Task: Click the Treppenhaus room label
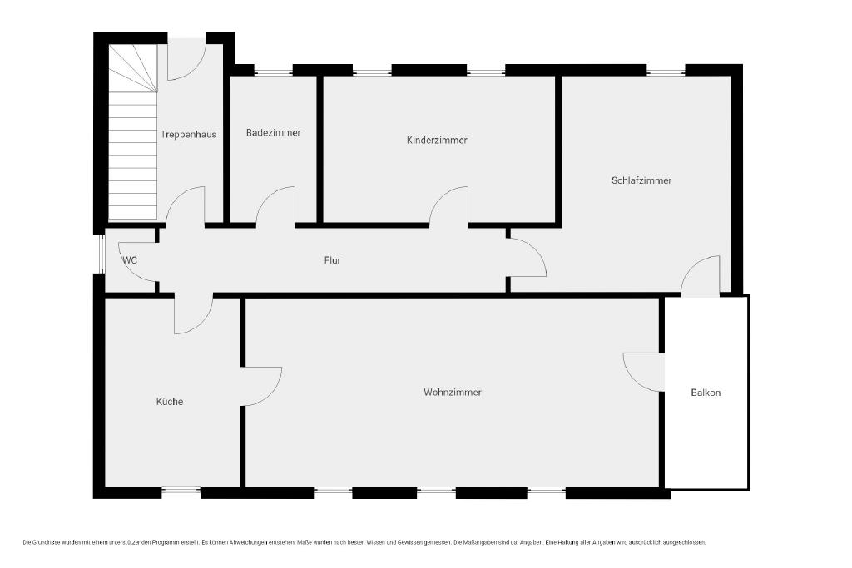(189, 135)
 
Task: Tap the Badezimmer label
(273, 132)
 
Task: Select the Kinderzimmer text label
(437, 140)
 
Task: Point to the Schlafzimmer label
(641, 180)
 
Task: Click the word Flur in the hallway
(333, 260)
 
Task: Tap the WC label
(130, 260)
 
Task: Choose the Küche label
(170, 402)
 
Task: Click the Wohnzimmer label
(453, 392)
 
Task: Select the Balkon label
(706, 393)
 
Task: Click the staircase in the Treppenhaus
(132, 132)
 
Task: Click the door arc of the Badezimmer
(275, 205)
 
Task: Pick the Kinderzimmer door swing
(448, 205)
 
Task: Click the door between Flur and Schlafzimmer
(527, 258)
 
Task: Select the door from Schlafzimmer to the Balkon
(701, 276)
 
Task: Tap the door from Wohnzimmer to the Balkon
(644, 372)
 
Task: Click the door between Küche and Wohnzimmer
(261, 386)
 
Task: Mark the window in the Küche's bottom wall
(181, 492)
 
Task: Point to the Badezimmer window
(273, 71)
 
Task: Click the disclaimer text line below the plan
(364, 542)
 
